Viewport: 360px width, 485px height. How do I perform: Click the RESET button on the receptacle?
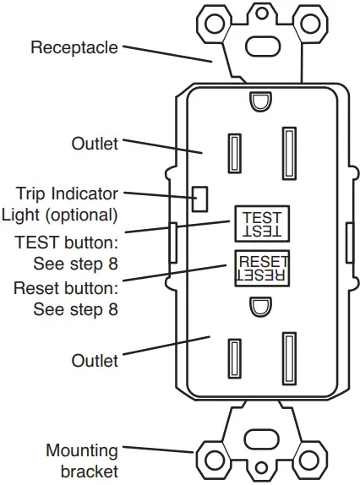point(263,267)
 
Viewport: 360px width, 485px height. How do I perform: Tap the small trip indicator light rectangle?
point(201,199)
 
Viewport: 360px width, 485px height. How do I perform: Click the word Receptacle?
point(74,47)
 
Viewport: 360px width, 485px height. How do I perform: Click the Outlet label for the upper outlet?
point(95,144)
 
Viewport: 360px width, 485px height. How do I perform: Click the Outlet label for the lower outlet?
point(95,361)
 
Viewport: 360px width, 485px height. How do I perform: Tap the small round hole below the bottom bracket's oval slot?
point(262,466)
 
